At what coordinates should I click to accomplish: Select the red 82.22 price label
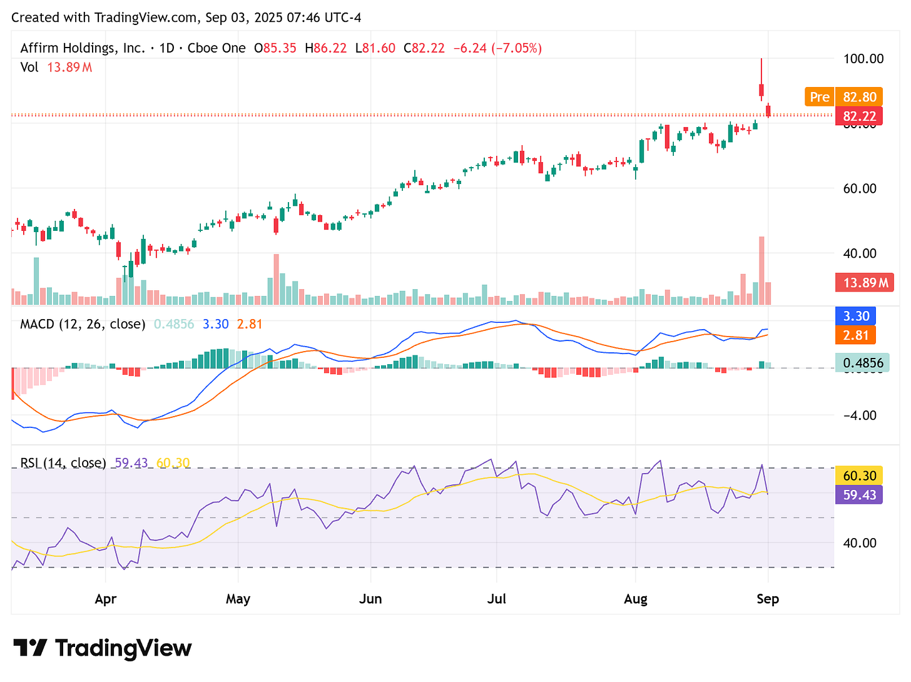(x=859, y=116)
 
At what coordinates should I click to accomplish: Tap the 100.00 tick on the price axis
(x=863, y=59)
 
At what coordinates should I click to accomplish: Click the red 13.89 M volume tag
(x=865, y=283)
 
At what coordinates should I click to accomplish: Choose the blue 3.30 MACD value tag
(x=856, y=316)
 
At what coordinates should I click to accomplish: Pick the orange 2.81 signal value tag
(x=856, y=335)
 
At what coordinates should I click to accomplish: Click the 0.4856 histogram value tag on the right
(x=862, y=363)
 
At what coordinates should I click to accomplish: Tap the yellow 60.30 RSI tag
(x=859, y=476)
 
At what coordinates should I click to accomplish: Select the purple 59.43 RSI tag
(x=859, y=495)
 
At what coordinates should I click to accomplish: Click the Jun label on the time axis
(x=370, y=599)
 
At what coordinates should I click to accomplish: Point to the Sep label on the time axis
(x=768, y=599)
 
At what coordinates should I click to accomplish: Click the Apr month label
(x=106, y=599)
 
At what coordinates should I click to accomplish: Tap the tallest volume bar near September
(x=761, y=270)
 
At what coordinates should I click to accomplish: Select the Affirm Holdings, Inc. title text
(x=83, y=48)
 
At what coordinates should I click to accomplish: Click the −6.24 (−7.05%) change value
(x=497, y=48)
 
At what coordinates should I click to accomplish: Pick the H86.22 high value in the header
(x=325, y=48)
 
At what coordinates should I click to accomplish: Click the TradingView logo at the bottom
(x=103, y=648)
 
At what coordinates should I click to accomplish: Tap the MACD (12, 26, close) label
(x=83, y=324)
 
